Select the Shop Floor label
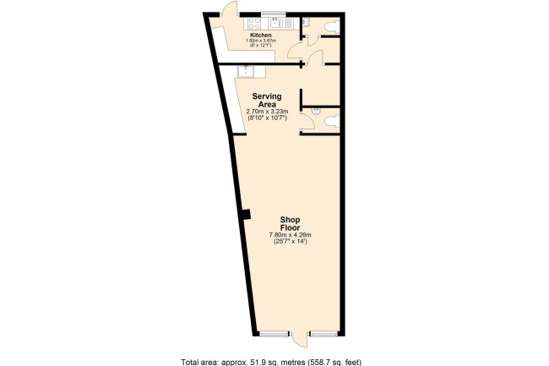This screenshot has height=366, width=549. click(x=291, y=223)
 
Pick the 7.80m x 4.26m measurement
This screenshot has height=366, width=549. click(x=291, y=234)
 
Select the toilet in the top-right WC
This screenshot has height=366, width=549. click(x=329, y=25)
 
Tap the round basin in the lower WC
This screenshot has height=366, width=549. click(x=316, y=121)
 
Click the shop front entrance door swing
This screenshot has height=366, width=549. click(x=297, y=341)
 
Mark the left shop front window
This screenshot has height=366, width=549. click(x=273, y=335)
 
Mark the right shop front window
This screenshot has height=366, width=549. click(x=323, y=335)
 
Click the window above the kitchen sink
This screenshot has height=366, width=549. click(x=274, y=12)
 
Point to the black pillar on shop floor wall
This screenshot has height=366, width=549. click(x=244, y=215)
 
